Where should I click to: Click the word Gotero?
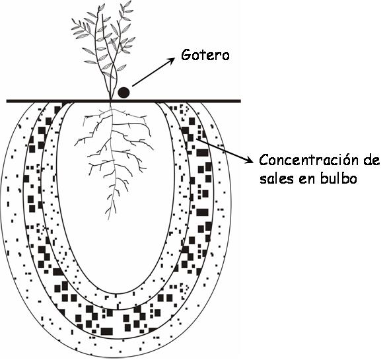(x=205, y=55)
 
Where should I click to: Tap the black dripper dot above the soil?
(x=124, y=92)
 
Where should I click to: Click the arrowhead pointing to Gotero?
(x=171, y=61)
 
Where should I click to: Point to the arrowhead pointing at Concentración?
(x=250, y=161)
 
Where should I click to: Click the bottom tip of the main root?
(x=108, y=220)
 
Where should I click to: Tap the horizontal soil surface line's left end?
(x=7, y=101)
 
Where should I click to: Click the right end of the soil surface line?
(x=240, y=101)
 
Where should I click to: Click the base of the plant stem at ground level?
(x=111, y=100)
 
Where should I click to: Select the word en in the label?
(x=306, y=179)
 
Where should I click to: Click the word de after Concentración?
(x=371, y=160)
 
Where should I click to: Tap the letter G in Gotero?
(x=186, y=55)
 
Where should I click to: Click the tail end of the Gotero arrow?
(x=133, y=86)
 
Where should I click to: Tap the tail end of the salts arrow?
(x=197, y=139)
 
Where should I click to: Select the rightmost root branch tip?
(x=153, y=149)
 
